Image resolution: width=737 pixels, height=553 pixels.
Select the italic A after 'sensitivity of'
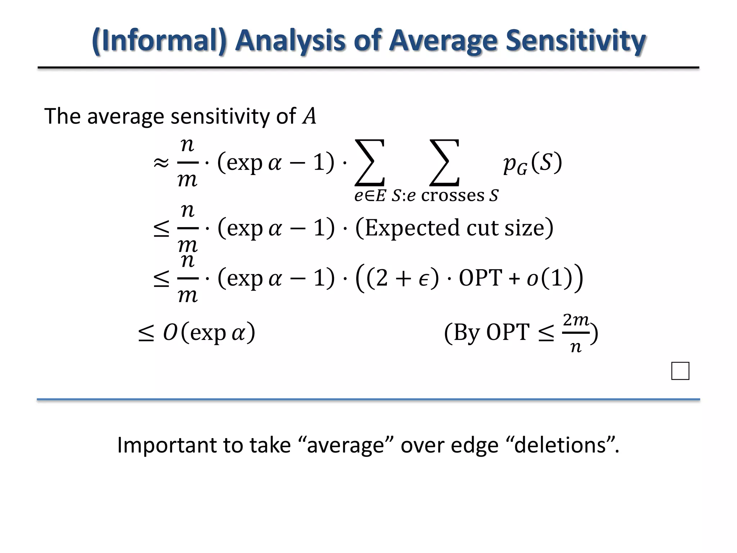coord(309,117)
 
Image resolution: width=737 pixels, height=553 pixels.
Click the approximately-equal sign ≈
coord(161,163)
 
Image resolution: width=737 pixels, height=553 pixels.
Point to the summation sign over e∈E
coord(370,163)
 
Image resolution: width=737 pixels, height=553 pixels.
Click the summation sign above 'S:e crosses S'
coord(444,163)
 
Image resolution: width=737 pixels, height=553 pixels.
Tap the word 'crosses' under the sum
coord(453,195)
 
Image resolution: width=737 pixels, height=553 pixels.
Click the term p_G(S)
coord(532,163)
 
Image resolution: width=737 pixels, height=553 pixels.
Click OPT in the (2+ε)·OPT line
coord(480,278)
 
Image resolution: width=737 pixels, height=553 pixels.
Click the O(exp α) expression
coord(209,332)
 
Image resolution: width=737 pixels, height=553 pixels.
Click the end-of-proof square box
coord(680,371)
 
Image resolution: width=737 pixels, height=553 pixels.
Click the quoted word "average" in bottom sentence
coord(346,445)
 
